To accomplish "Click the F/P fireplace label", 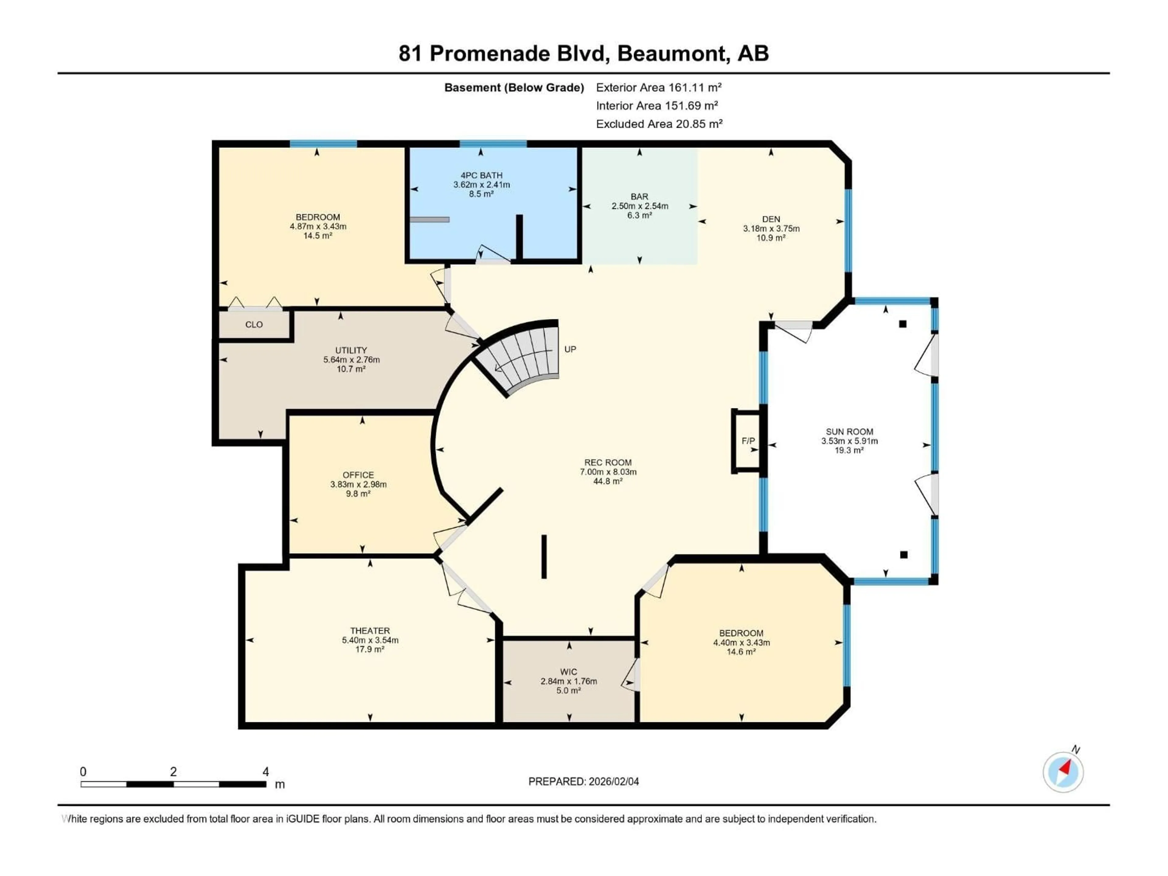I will coord(748,441).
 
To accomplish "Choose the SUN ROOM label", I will coord(849,431).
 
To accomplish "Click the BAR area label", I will coord(639,196).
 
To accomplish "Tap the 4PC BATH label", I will coord(481,175).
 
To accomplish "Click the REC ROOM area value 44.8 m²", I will coord(608,481).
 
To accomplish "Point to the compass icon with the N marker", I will coord(1063,771).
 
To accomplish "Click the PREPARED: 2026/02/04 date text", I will coord(583,781).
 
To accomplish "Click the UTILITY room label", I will coord(351,350).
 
